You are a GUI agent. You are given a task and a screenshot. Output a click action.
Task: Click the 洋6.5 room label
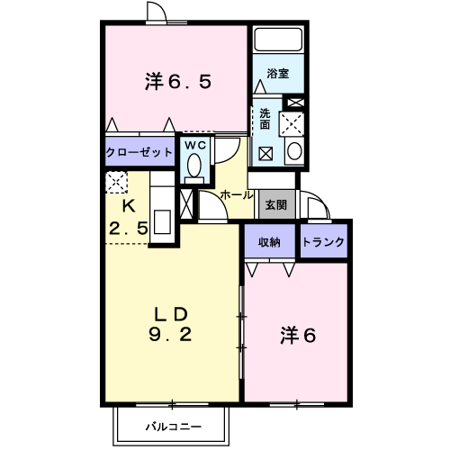pyautogui.click(x=178, y=81)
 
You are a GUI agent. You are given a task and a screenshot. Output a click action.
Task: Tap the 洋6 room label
pyautogui.click(x=298, y=335)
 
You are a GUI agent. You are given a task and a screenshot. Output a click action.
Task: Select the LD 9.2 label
pyautogui.click(x=170, y=324)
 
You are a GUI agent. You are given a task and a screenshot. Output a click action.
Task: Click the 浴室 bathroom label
pyautogui.click(x=278, y=74)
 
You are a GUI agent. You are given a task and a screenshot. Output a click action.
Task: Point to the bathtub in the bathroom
pyautogui.click(x=278, y=40)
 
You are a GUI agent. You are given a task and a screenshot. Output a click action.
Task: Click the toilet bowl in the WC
pyautogui.click(x=194, y=166)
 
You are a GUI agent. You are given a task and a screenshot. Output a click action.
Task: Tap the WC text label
pyautogui.click(x=195, y=146)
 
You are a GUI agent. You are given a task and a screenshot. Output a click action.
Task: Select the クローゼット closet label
pyautogui.click(x=139, y=152)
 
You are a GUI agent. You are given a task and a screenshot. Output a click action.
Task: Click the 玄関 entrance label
pyautogui.click(x=276, y=205)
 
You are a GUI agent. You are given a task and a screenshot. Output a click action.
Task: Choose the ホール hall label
pyautogui.click(x=237, y=195)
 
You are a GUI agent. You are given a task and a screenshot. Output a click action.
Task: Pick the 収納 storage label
pyautogui.click(x=269, y=242)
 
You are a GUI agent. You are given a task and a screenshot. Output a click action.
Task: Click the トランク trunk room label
pyautogui.click(x=323, y=242)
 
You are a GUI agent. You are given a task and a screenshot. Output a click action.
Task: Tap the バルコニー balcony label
pyautogui.click(x=174, y=427)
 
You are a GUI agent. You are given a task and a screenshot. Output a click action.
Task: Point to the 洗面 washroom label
pyautogui.click(x=265, y=119)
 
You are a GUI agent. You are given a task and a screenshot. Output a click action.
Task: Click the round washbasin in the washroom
pyautogui.click(x=294, y=151)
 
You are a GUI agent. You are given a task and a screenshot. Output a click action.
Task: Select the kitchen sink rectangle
pyautogui.click(x=162, y=222)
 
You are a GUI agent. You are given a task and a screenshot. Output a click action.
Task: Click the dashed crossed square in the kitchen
pyautogui.click(x=116, y=182)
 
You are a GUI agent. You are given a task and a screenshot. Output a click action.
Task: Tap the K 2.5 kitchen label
pyautogui.click(x=128, y=218)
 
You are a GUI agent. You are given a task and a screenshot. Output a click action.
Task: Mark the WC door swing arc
pyautogui.click(x=234, y=155)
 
